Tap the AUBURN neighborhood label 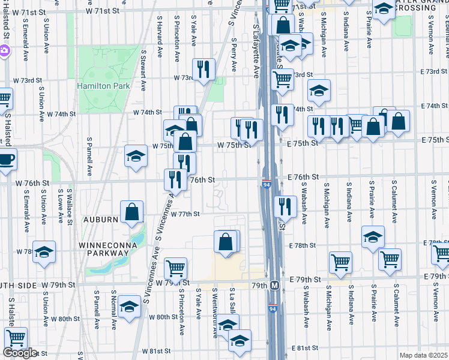tap(100, 220)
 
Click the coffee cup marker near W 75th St tap(6, 160)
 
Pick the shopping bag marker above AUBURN tap(132, 211)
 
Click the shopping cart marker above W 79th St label tap(175, 268)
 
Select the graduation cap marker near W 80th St tap(129, 307)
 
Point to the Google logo tap(20, 353)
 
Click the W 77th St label tap(184, 214)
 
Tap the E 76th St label tap(302, 177)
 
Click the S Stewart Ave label tap(144, 70)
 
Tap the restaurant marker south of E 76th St tap(285, 206)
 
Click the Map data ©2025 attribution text tap(424, 355)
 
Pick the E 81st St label tap(304, 348)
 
